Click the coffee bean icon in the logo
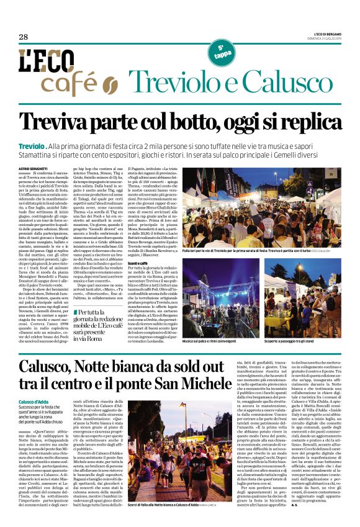(110, 83)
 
